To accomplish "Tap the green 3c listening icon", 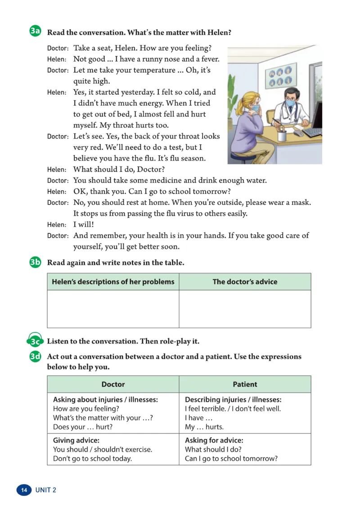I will click(35, 341).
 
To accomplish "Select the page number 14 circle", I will click(24, 490).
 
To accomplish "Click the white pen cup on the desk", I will click(282, 135).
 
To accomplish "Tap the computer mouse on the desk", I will click(298, 133).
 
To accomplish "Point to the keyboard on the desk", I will click(312, 132).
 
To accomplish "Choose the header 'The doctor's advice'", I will click(245, 282).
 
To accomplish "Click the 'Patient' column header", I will click(245, 384).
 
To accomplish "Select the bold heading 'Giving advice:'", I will click(76, 441).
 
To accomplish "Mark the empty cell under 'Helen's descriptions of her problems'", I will click(113, 309).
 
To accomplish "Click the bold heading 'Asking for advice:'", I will click(214, 441).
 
